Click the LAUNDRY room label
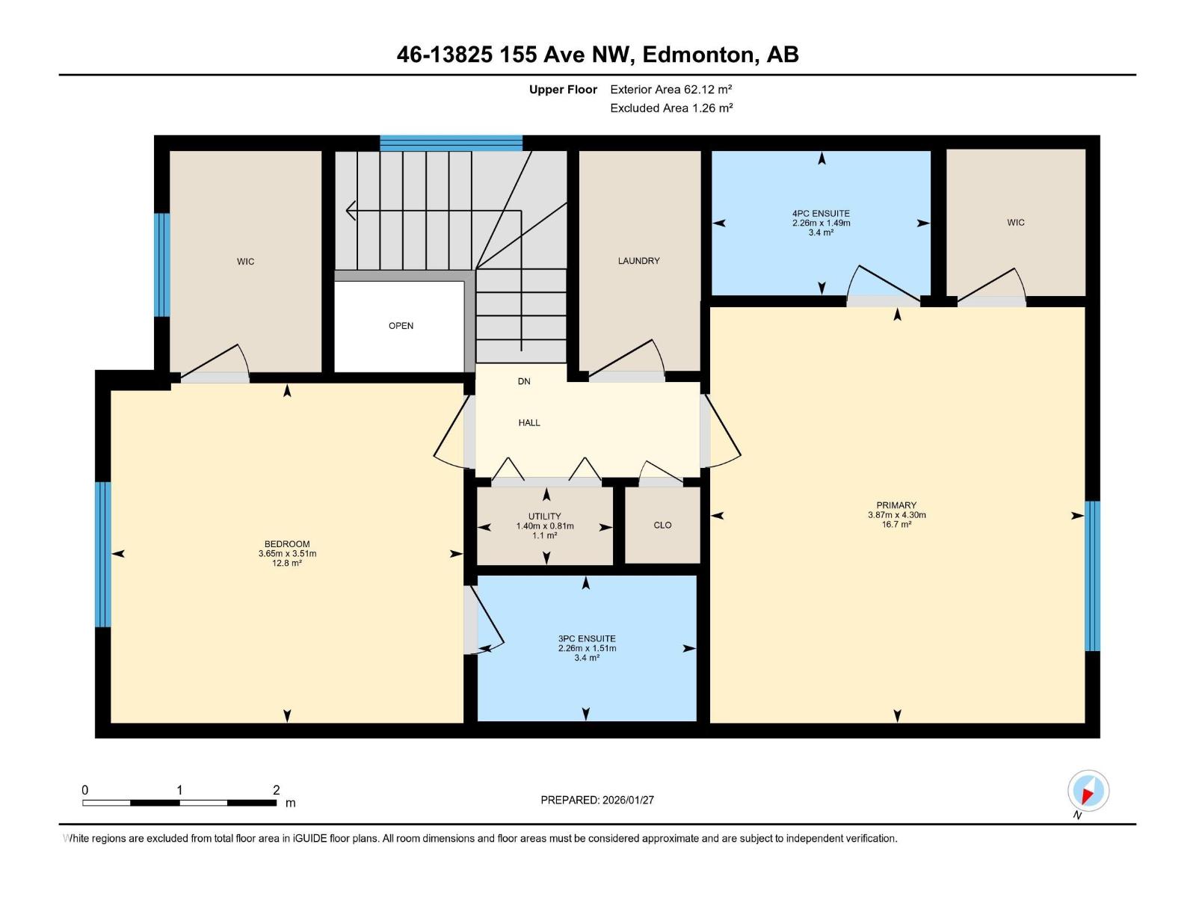(638, 261)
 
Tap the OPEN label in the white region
(401, 326)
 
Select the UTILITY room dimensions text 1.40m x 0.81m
(545, 526)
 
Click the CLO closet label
(662, 525)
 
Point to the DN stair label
(524, 381)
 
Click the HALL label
(529, 423)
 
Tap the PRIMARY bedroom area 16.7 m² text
(896, 525)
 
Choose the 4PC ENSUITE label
(821, 214)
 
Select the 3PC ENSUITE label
(587, 639)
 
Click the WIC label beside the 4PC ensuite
(1015, 223)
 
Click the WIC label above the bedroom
(245, 262)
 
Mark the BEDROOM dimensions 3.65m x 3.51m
(287, 554)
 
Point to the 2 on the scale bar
(276, 790)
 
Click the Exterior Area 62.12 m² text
(671, 90)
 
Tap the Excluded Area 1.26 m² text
(671, 108)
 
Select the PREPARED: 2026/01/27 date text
(597, 800)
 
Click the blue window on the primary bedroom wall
(1092, 576)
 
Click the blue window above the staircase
(451, 143)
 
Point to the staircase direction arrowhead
(350, 211)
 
